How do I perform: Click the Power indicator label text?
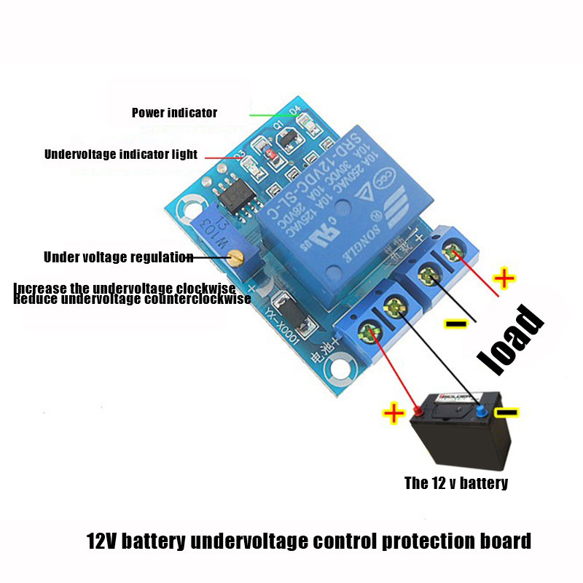(x=174, y=113)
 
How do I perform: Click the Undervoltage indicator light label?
(x=121, y=154)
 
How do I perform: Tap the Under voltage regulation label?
(x=118, y=257)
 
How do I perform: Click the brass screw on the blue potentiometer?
(x=234, y=256)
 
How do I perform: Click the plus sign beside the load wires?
(x=504, y=278)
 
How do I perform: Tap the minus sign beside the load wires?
(x=457, y=323)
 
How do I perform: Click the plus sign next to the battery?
(x=394, y=415)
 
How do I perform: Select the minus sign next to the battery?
(x=506, y=412)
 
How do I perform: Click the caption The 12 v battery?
(x=456, y=482)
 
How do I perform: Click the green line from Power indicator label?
(x=270, y=114)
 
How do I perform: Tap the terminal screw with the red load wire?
(x=454, y=254)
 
